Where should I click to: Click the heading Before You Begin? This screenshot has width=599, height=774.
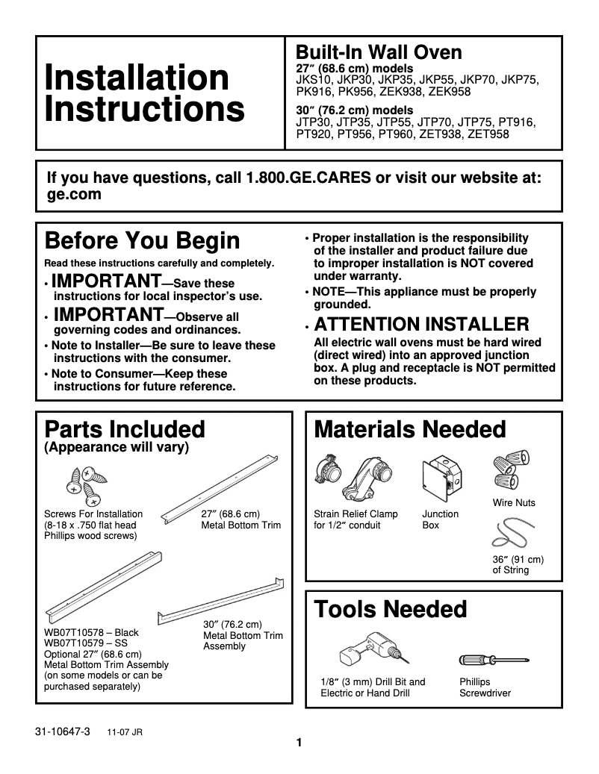[143, 241]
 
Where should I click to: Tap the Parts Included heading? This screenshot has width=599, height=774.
[125, 429]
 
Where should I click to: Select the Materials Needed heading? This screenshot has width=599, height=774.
[410, 429]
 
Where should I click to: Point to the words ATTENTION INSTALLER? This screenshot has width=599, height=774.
[422, 325]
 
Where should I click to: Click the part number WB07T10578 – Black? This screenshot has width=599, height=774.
[91, 632]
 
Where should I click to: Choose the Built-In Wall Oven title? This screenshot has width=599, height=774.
[379, 52]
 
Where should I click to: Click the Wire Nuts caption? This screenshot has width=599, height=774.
[514, 503]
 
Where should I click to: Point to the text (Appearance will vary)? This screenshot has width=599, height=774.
[117, 448]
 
